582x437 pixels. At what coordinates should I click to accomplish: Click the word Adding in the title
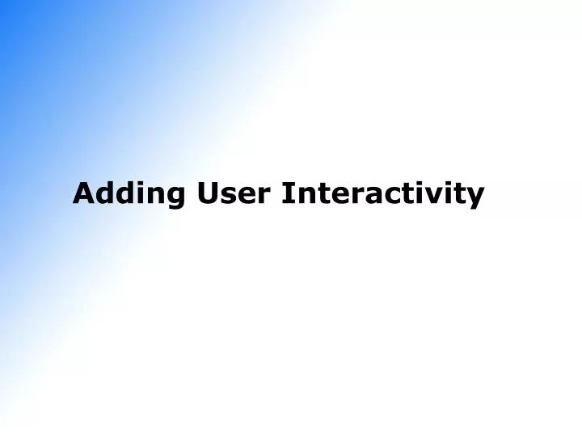pos(129,194)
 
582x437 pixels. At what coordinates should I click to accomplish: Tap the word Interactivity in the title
pos(383,194)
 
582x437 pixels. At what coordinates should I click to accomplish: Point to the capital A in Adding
pos(82,193)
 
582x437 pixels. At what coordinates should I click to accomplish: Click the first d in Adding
pos(102,193)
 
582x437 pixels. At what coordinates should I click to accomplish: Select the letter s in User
pos(228,196)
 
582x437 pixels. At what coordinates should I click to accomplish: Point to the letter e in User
pos(245,196)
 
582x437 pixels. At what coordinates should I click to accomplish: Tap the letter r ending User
pos(261,196)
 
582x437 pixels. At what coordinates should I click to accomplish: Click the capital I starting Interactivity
pos(288,193)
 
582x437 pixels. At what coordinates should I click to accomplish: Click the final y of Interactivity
pos(474,197)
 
